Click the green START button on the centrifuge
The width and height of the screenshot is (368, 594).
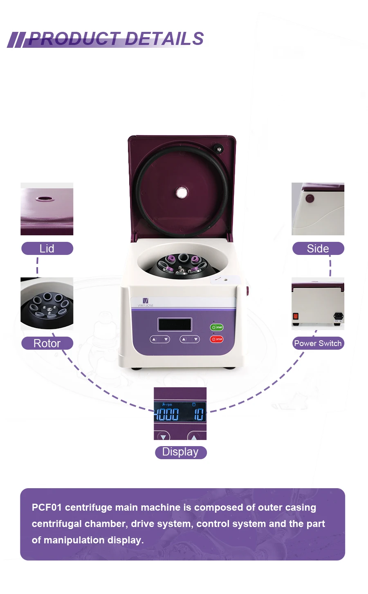[x=217, y=327]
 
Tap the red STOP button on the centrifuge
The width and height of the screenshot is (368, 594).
[x=217, y=339]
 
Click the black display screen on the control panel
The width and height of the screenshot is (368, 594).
[x=175, y=324]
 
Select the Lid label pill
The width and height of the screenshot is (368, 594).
[x=47, y=248]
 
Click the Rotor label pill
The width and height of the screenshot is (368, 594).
[x=47, y=343]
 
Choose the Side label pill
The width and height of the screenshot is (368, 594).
[x=318, y=248]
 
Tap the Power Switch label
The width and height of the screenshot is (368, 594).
[x=318, y=343]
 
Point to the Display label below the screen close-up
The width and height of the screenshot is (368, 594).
[x=180, y=452]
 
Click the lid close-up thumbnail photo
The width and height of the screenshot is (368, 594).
[x=47, y=209]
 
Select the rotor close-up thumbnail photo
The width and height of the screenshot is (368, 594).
[x=47, y=304]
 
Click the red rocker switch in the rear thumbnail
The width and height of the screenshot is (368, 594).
[x=296, y=316]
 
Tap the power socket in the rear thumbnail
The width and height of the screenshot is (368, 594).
[x=338, y=316]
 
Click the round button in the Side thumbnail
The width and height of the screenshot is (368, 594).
[x=310, y=199]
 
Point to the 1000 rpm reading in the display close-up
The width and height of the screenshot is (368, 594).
[x=167, y=414]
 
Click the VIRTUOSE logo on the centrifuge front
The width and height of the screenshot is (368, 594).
[x=145, y=302]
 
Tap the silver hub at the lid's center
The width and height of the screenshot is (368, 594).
[x=182, y=192]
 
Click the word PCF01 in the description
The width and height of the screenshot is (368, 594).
[x=47, y=507]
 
